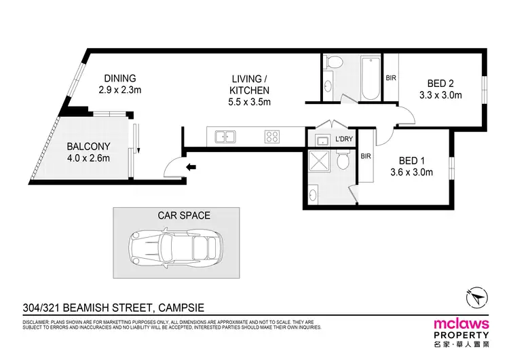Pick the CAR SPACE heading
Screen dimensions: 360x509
pyautogui.click(x=184, y=215)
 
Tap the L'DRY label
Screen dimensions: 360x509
pyautogui.click(x=344, y=139)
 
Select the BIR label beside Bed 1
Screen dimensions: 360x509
pyautogui.click(x=366, y=156)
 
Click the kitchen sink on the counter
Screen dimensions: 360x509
pyautogui.click(x=225, y=137)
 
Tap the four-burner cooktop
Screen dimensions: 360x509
pyautogui.click(x=273, y=137)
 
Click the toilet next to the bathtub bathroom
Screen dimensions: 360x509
pyautogui.click(x=331, y=63)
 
